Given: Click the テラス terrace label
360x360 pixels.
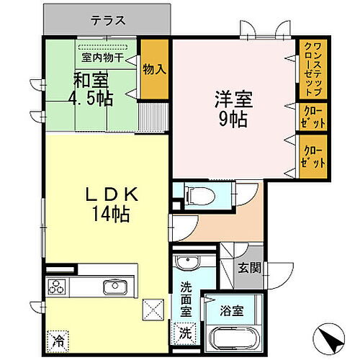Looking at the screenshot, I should [108, 21].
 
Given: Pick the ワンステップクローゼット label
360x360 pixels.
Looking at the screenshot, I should [312, 71].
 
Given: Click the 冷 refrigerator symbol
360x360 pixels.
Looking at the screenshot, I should [57, 336].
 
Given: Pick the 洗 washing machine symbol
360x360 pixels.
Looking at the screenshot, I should [185, 334].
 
